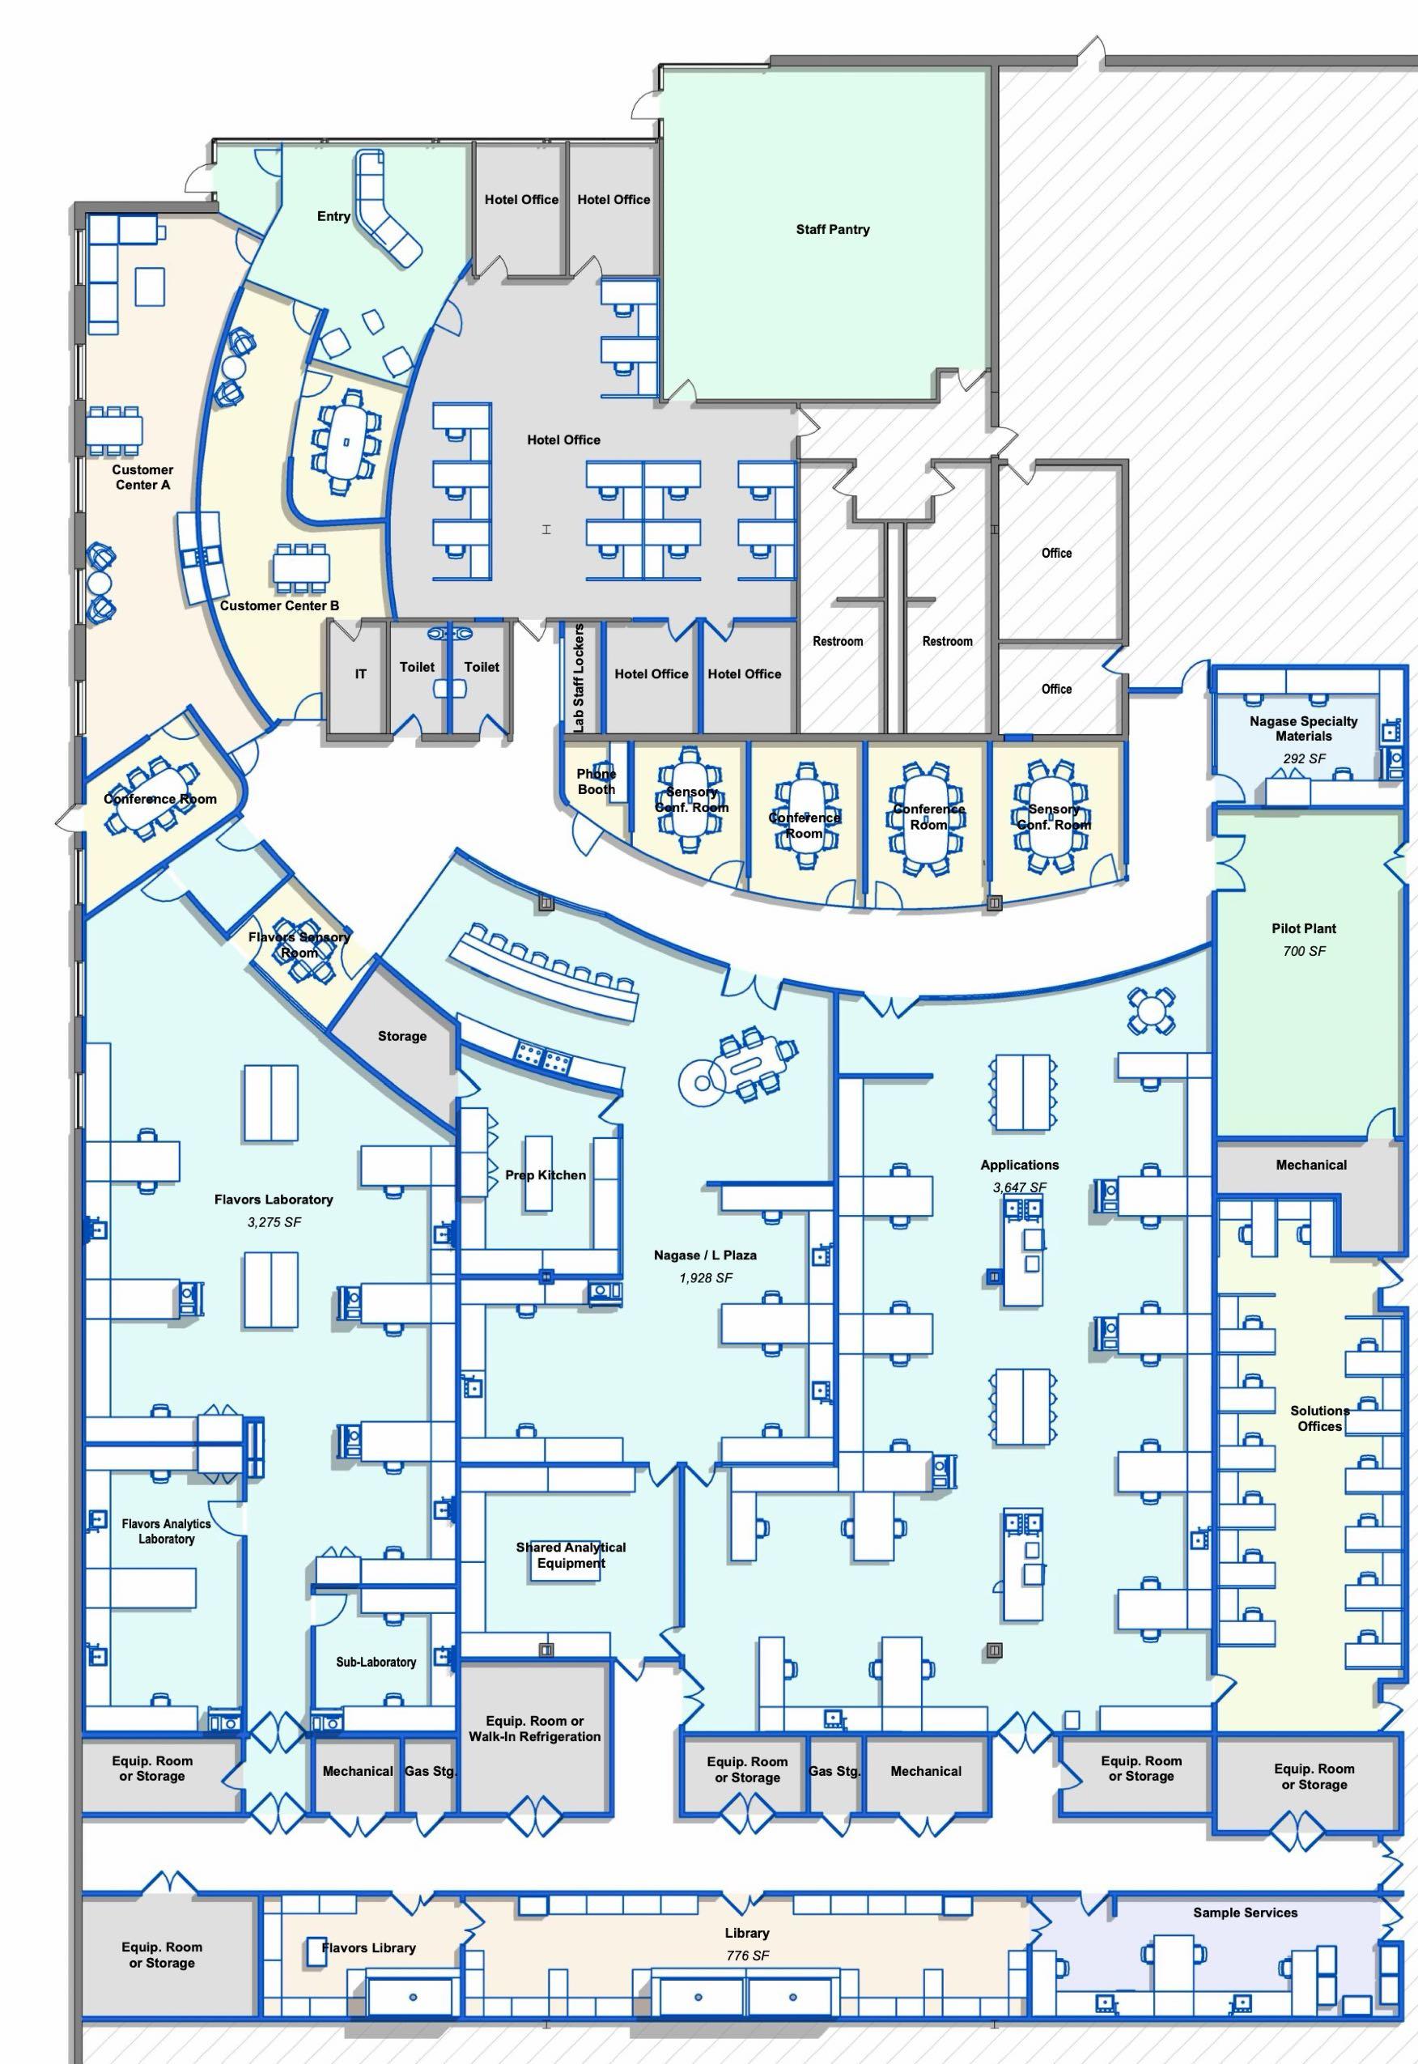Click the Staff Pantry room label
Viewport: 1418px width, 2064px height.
click(833, 229)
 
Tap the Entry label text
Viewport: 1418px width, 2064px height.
click(333, 216)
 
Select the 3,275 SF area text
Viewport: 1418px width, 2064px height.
click(274, 1221)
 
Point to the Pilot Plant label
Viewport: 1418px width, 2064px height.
click(1303, 928)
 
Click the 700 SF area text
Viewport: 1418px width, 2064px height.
click(1303, 951)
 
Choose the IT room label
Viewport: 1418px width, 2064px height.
click(361, 674)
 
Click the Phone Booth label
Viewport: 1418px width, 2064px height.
click(596, 781)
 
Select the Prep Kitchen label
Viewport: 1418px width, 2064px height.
click(546, 1174)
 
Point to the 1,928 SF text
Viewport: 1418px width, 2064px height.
click(706, 1278)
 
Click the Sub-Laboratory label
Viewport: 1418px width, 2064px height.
click(376, 1662)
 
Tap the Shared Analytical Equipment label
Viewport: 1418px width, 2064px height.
click(571, 1555)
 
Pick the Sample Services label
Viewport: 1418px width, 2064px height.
click(1245, 1912)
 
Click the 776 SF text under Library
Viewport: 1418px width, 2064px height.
click(747, 1955)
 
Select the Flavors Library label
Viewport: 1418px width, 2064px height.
click(369, 1947)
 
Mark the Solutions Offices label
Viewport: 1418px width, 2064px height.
click(1319, 1418)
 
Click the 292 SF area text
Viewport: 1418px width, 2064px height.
click(1303, 758)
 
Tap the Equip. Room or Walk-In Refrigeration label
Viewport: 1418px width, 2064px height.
click(535, 1728)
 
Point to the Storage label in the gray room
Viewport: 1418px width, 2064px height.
click(401, 1036)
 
